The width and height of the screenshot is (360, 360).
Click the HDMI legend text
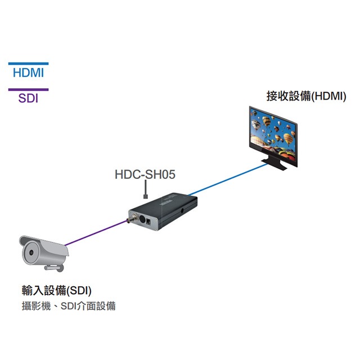pyautogui.click(x=28, y=74)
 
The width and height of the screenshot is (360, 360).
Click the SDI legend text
pyautogui.click(x=28, y=98)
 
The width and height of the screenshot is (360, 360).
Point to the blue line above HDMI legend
pyautogui.click(x=28, y=64)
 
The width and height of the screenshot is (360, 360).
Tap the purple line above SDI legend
pyautogui.click(x=28, y=89)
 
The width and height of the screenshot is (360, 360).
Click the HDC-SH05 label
pyautogui.click(x=145, y=175)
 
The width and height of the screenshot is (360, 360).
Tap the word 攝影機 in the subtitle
pyautogui.click(x=35, y=307)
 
